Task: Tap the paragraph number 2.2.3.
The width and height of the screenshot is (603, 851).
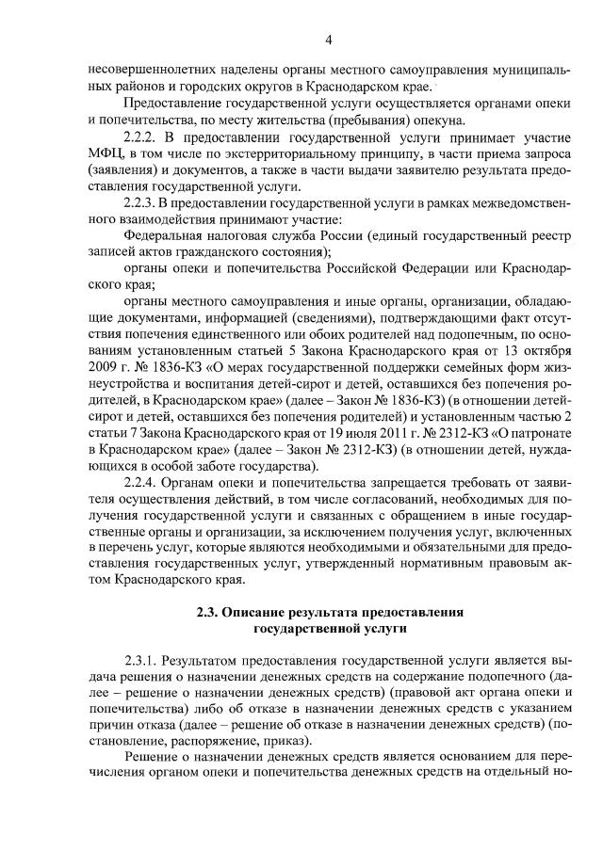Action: (x=143, y=202)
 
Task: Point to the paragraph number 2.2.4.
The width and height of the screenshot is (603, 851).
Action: (x=143, y=482)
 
